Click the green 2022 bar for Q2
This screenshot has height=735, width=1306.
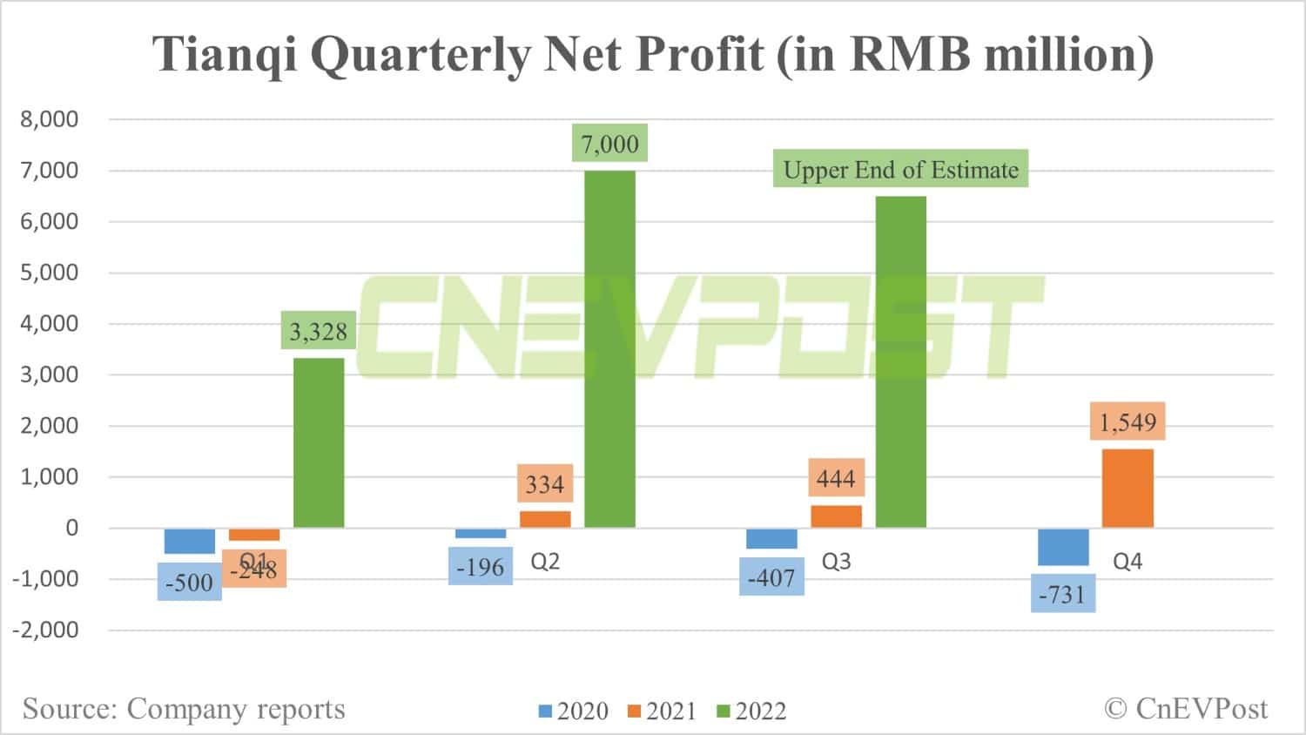(609, 348)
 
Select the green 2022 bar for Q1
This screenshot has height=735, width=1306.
(319, 442)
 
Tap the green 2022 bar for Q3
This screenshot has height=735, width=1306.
(900, 361)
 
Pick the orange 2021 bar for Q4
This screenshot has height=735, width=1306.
(1128, 488)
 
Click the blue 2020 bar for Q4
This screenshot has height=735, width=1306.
(1063, 547)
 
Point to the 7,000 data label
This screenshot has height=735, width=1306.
(609, 144)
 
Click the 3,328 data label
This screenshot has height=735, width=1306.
(319, 331)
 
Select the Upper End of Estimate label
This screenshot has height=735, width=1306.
(900, 169)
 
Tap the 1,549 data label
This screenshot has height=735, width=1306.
(1128, 422)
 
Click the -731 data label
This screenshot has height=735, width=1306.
(1063, 594)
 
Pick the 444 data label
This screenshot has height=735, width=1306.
(836, 477)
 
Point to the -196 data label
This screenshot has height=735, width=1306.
(481, 567)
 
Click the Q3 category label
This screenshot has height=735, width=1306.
(836, 562)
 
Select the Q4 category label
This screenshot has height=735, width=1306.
(1128, 562)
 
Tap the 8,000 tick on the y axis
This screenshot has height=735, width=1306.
(49, 119)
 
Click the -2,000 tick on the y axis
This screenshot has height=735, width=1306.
(45, 630)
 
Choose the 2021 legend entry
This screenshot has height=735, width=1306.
(662, 711)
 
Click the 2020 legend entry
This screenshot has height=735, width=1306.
(574, 711)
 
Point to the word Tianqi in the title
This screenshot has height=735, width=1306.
(226, 54)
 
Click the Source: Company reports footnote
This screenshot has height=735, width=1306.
(184, 709)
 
